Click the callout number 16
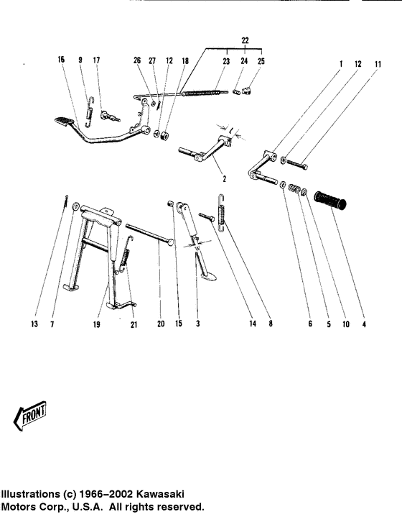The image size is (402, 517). pos(61,62)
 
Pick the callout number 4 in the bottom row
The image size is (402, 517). pos(365,324)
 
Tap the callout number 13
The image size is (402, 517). pos(34,324)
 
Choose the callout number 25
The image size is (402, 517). pos(261,62)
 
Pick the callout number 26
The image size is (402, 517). pos(136,62)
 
